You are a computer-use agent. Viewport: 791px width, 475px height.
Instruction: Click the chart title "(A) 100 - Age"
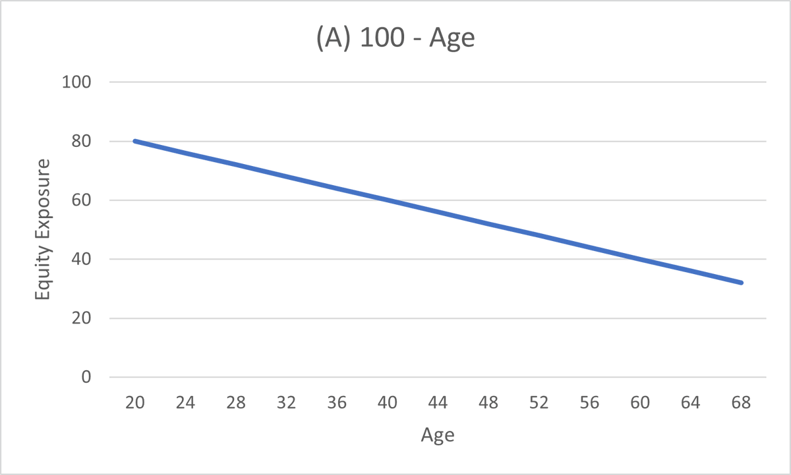pos(395,38)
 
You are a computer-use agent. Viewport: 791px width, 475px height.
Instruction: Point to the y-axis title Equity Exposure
pos(43,230)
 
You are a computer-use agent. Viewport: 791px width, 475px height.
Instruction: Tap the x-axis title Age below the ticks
pos(438,435)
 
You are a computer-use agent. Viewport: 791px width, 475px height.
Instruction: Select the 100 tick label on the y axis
pos(76,82)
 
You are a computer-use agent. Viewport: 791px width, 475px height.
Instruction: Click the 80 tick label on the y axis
pos(81,141)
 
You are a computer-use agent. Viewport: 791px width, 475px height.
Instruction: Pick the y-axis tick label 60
pos(81,200)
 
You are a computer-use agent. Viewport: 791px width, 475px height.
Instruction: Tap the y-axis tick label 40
pos(81,259)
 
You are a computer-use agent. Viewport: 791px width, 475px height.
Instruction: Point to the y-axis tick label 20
pos(81,318)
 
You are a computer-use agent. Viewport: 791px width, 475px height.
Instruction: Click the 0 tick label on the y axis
pos(86,377)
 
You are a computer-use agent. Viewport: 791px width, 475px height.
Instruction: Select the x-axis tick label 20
pos(134,403)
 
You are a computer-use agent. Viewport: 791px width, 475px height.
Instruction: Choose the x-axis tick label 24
pos(185,403)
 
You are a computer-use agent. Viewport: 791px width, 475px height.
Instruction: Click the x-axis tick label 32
pos(286,403)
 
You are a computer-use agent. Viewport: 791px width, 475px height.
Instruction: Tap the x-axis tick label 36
pos(337,403)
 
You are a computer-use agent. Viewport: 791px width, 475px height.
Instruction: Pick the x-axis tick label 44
pos(438,403)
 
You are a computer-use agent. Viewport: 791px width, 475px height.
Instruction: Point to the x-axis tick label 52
pos(539,403)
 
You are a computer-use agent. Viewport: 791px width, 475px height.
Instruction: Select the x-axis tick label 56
pos(590,403)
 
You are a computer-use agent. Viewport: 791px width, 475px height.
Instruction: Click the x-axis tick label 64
pos(691,403)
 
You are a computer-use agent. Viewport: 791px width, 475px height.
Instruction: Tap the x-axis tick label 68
pos(742,403)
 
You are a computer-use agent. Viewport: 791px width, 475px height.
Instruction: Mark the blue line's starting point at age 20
pos(134,141)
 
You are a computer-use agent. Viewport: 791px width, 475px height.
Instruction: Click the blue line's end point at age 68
pos(742,283)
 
